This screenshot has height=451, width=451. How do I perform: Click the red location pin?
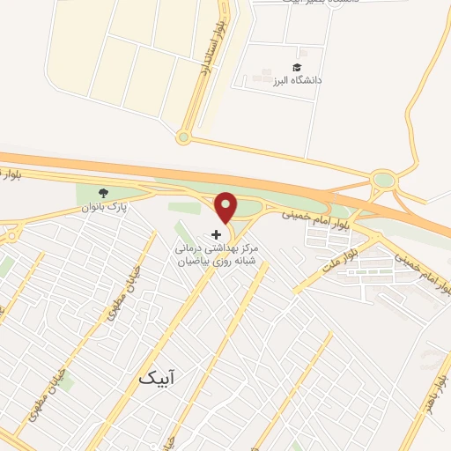226,206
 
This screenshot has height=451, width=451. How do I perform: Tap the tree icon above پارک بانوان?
105,194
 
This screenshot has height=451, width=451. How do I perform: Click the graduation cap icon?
297,67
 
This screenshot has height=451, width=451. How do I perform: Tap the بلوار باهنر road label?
433,387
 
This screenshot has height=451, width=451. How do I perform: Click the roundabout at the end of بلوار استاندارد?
183,137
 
